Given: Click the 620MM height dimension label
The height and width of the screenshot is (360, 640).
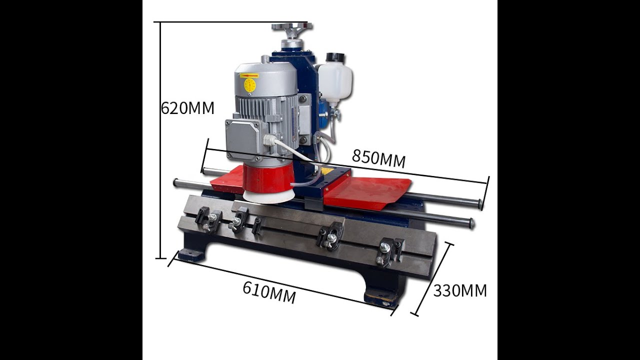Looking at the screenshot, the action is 187,108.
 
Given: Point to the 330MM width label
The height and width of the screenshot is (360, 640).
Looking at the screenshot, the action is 460,291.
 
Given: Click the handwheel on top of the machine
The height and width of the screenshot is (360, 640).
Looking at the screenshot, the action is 292,27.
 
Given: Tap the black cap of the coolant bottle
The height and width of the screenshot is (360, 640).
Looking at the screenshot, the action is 336,57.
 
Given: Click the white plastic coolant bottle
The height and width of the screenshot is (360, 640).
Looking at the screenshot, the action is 334,81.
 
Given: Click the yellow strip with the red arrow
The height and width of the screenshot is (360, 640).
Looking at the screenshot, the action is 249,75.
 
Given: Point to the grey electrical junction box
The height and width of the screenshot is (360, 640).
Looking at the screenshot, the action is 243,139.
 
